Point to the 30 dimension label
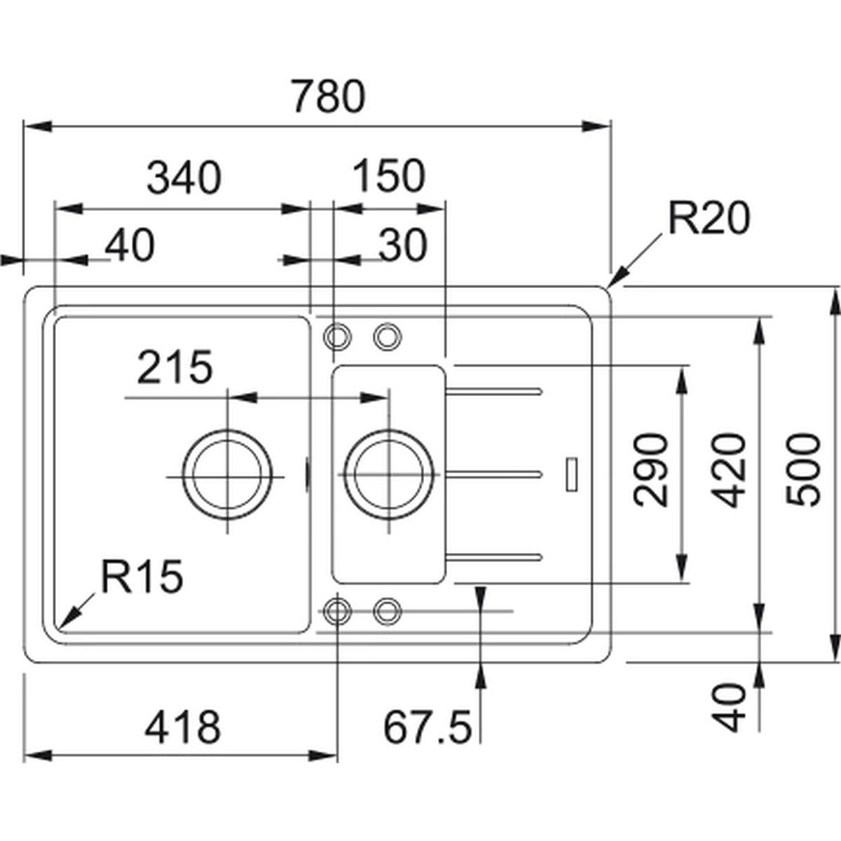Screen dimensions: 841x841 402,246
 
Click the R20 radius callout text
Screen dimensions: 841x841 709,219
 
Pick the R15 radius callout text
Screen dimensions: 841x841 141,577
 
